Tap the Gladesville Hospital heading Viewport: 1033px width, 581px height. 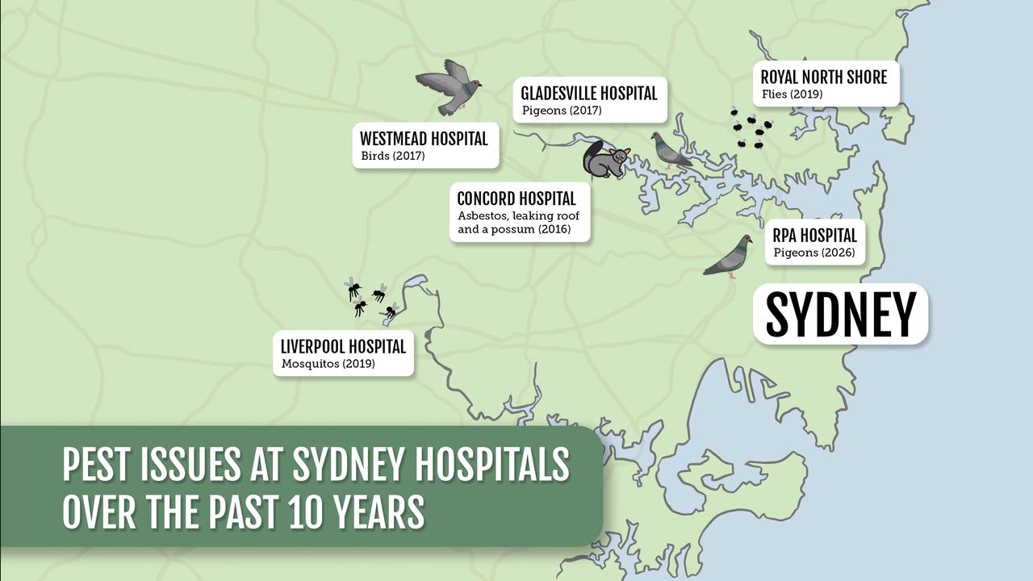589,94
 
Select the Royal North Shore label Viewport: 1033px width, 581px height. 824,77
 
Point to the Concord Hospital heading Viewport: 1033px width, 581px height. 516,199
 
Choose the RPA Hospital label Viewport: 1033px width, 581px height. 814,236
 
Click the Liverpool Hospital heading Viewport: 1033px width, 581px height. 343,347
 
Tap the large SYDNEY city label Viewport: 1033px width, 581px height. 840,315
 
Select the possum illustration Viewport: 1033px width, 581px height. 605,161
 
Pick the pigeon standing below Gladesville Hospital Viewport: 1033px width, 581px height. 670,150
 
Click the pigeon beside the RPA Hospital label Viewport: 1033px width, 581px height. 729,257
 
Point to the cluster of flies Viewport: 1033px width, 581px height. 751,128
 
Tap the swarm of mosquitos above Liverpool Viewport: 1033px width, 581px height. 371,298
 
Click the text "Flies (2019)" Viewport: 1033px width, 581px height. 792,94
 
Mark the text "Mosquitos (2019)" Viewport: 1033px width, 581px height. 328,364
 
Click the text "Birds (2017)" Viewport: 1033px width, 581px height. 392,156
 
